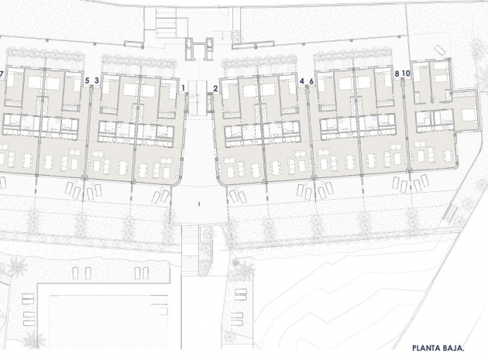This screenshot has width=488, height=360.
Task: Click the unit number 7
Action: coord(2,74)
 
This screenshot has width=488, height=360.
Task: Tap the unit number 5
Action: coord(87,80)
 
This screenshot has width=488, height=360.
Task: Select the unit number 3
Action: coord(96,80)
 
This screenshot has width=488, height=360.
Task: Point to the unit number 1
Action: coord(184,88)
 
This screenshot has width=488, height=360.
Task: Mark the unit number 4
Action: coord(301,81)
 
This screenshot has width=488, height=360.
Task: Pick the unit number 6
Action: coord(311,81)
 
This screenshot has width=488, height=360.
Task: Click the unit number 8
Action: coord(397,74)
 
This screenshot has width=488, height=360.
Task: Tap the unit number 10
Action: coord(406,74)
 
